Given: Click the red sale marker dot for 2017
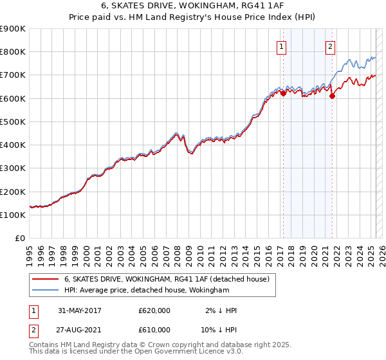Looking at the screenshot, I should [283, 93].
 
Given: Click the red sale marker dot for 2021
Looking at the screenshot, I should [332, 96].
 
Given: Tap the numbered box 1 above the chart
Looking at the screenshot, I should [282, 46].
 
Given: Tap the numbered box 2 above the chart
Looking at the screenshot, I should [330, 46].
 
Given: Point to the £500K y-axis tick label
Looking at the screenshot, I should [13, 122].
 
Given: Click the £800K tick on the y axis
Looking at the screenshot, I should [13, 51].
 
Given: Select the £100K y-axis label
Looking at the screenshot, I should [13, 215].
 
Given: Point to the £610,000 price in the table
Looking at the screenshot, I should [154, 329].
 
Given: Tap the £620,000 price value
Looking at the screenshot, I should [154, 310].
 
